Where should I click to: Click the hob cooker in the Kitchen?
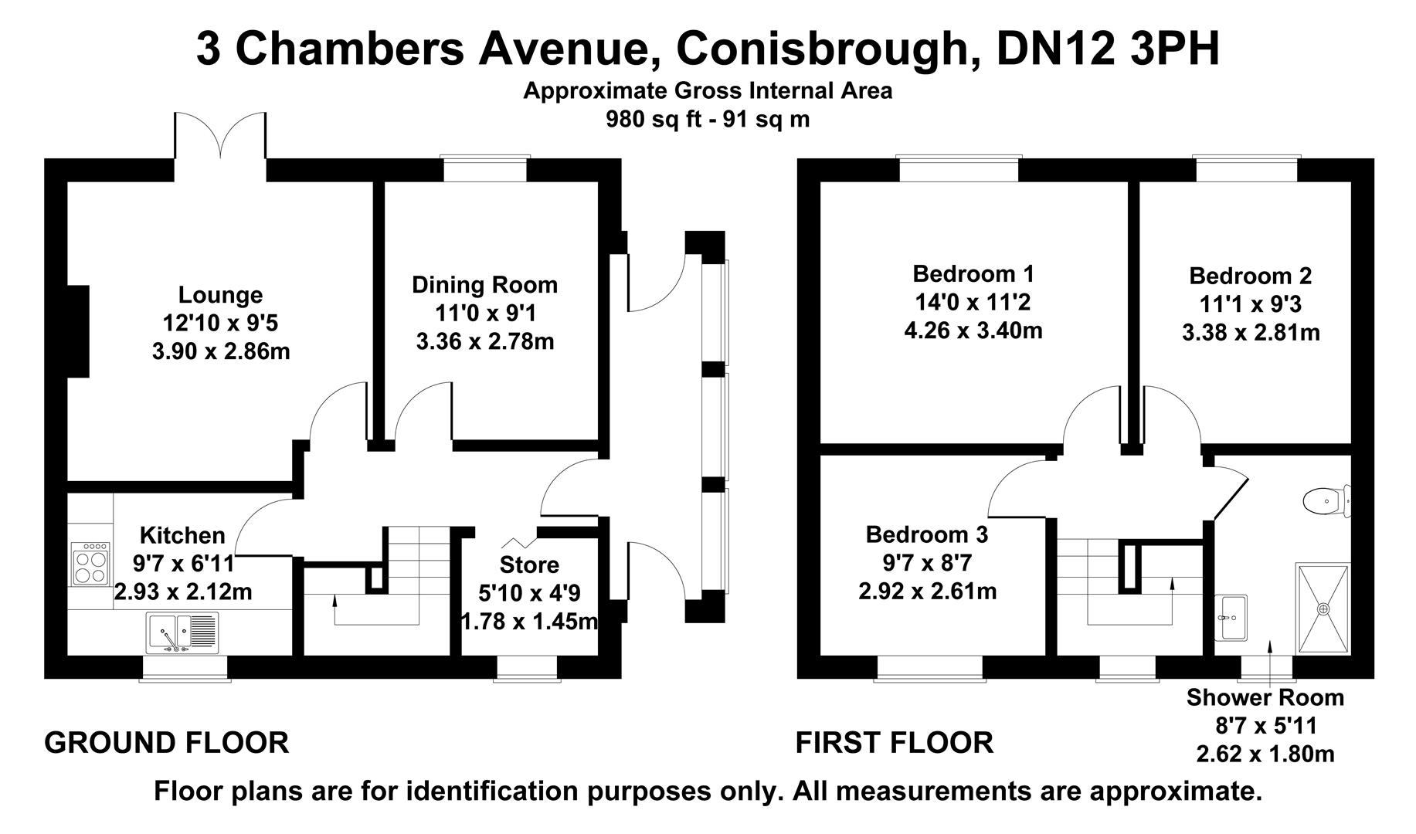point(90,564)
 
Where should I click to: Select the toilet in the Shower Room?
point(1326,500)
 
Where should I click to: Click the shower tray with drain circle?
point(1323,609)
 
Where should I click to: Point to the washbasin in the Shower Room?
point(1231,618)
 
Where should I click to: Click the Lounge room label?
point(220,295)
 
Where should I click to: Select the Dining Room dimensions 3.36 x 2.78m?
point(484,341)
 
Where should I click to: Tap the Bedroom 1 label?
point(973,273)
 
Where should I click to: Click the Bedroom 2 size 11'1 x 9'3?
point(1250,304)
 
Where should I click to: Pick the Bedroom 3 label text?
point(926,534)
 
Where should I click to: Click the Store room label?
point(529,564)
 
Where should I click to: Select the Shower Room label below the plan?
point(1265,697)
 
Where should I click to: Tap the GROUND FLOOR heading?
point(166,743)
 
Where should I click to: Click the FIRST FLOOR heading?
point(894,743)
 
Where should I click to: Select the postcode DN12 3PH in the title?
point(1108,49)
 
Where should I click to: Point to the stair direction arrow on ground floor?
point(334,609)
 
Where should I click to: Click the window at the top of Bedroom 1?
point(958,169)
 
